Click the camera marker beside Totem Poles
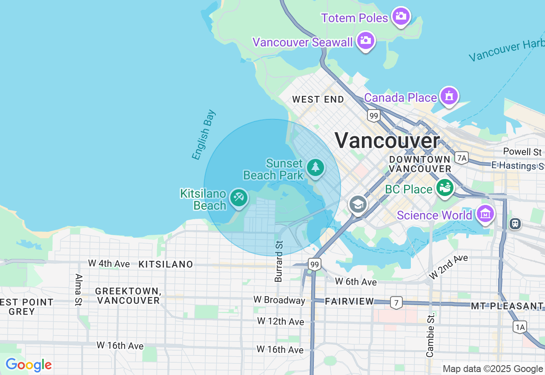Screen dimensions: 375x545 pyautogui.click(x=401, y=17)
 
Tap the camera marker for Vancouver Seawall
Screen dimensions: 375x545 pyautogui.click(x=365, y=41)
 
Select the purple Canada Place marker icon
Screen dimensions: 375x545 pyautogui.click(x=449, y=96)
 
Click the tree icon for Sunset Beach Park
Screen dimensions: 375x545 pyautogui.click(x=315, y=167)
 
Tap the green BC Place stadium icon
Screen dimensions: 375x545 pyautogui.click(x=445, y=187)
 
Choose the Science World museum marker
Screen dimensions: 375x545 pyautogui.click(x=485, y=214)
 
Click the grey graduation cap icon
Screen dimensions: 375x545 pyautogui.click(x=358, y=205)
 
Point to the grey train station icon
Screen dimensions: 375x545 pyautogui.click(x=515, y=223)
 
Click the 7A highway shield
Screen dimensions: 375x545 pyautogui.click(x=461, y=158)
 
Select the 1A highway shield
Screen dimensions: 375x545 pyautogui.click(x=519, y=327)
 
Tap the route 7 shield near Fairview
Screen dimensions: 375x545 pyautogui.click(x=396, y=303)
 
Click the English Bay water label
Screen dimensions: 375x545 pyautogui.click(x=204, y=135)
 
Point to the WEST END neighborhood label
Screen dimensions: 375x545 pyautogui.click(x=318, y=100)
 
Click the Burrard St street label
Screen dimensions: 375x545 pyautogui.click(x=279, y=261)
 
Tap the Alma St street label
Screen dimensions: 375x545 pyautogui.click(x=78, y=290)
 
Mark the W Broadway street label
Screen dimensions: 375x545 pyautogui.click(x=279, y=300)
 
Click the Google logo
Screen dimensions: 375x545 pyautogui.click(x=29, y=365)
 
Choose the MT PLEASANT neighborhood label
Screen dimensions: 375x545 pyautogui.click(x=507, y=306)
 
